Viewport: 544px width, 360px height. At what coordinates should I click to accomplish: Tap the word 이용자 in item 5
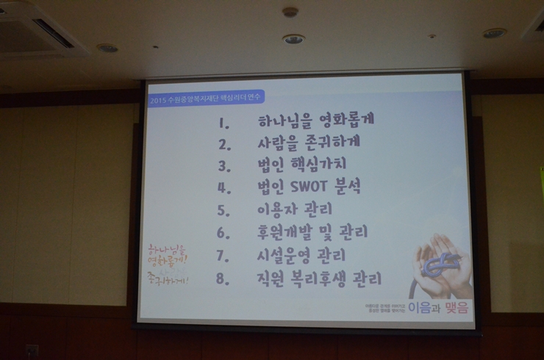click(x=278, y=209)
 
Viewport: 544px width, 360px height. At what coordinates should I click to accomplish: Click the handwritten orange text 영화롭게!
click(x=167, y=259)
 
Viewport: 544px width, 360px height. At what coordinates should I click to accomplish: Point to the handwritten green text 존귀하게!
click(x=168, y=280)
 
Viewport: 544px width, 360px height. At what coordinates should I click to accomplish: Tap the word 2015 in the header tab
click(x=157, y=98)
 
